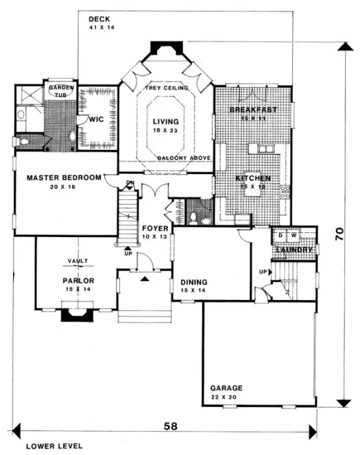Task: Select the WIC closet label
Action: (x=95, y=119)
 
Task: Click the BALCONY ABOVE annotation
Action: (x=182, y=159)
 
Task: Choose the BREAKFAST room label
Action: (x=253, y=110)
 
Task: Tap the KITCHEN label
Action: (x=253, y=179)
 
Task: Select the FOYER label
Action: (x=156, y=228)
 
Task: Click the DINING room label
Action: (x=194, y=282)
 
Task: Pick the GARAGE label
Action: (x=226, y=389)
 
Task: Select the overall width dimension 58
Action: (x=169, y=426)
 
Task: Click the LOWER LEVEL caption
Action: (x=54, y=445)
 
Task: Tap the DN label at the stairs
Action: (x=130, y=182)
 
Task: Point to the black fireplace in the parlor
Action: (x=75, y=315)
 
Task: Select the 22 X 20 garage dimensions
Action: (x=226, y=397)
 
